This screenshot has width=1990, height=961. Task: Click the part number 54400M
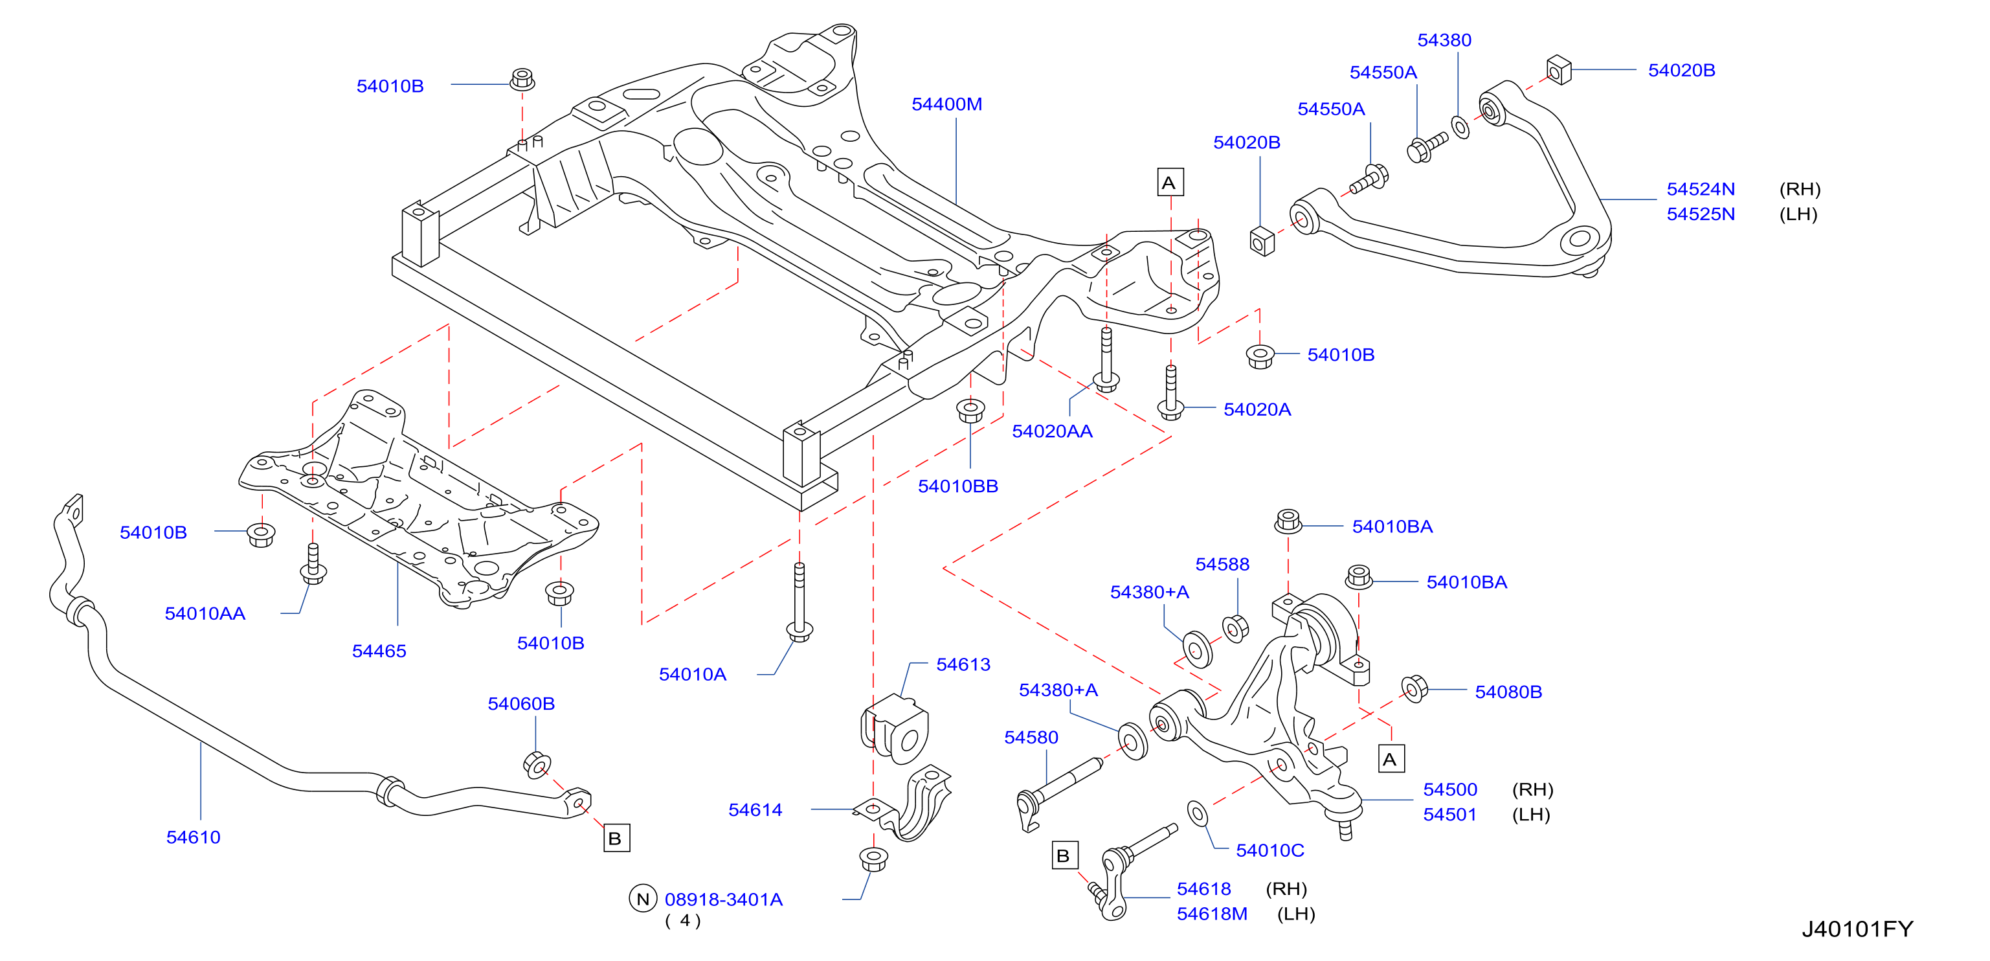(x=946, y=104)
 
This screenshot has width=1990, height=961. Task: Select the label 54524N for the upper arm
(x=1701, y=189)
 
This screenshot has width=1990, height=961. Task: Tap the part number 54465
(x=379, y=651)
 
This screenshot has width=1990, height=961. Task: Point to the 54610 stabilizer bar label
(x=193, y=837)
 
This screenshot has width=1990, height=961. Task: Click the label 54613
(x=963, y=664)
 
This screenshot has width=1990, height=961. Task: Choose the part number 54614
(x=755, y=809)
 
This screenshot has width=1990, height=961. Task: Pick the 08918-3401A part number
(x=723, y=900)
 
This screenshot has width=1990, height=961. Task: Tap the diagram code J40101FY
(x=1857, y=929)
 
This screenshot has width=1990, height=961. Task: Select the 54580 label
(x=1031, y=738)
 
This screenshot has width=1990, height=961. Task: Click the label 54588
(x=1222, y=565)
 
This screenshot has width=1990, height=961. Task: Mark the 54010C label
(x=1269, y=850)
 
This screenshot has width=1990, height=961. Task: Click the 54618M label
(x=1211, y=914)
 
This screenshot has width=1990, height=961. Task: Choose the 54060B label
(x=520, y=704)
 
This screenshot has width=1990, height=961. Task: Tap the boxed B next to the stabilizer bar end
(x=616, y=838)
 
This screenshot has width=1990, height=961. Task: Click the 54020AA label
(x=1052, y=432)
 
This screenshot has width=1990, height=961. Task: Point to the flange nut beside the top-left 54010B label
(x=522, y=80)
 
